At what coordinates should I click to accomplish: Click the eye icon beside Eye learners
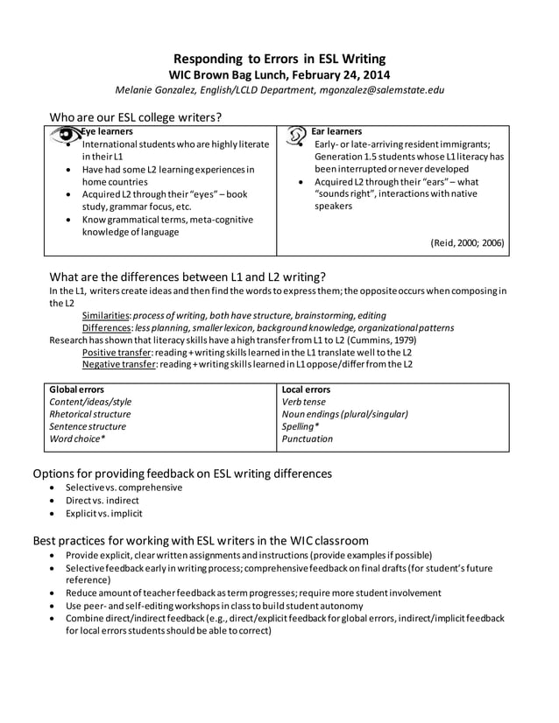click(x=64, y=136)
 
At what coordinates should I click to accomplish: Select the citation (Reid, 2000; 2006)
click(x=467, y=243)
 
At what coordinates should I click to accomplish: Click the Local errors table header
click(x=306, y=389)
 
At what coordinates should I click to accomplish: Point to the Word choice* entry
click(x=77, y=439)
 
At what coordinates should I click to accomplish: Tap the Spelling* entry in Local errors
click(x=300, y=426)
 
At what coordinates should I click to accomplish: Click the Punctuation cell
click(x=308, y=439)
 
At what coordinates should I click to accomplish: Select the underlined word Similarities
click(x=106, y=315)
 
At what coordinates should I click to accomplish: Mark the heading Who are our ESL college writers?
click(x=135, y=116)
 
